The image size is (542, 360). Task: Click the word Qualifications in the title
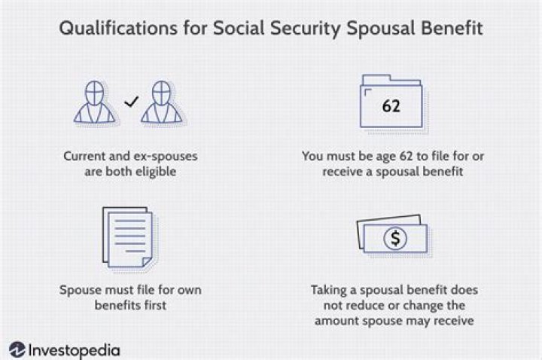pyautogui.click(x=110, y=29)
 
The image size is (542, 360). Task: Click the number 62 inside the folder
pyautogui.click(x=391, y=105)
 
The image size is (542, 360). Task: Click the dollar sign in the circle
pyautogui.click(x=394, y=239)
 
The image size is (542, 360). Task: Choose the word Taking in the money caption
pyautogui.click(x=329, y=289)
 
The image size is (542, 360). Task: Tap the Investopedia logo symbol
pyautogui.click(x=17, y=349)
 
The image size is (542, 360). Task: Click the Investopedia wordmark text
pyautogui.click(x=74, y=349)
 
